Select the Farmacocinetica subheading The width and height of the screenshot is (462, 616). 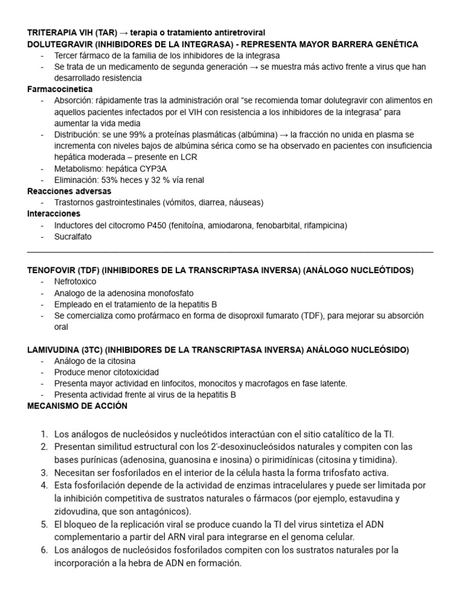tap(60, 89)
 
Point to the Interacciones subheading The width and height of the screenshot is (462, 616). tap(54, 214)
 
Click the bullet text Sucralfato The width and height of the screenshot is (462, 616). tap(73, 236)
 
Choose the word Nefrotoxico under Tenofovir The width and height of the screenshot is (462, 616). tap(75, 282)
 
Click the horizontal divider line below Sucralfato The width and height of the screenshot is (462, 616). tap(230, 252)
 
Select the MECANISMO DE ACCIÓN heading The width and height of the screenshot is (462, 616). tap(78, 406)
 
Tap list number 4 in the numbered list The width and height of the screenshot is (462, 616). tap(44, 485)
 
